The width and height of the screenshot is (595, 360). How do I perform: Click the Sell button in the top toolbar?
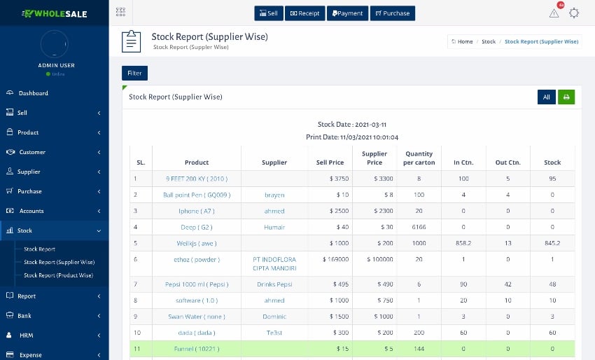268,13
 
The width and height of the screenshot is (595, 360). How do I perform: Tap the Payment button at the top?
346,13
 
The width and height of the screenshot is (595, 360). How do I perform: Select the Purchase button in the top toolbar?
392,13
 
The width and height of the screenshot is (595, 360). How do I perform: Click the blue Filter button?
134,73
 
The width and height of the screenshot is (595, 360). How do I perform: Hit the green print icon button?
566,97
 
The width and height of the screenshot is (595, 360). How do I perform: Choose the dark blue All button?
546,97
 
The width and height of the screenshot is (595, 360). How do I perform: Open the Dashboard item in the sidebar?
33,93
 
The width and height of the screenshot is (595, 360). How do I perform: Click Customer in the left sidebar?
31,152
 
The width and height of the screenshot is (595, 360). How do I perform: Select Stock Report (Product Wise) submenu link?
58,275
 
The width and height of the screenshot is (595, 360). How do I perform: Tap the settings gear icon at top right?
574,13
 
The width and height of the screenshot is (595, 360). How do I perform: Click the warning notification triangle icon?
554,13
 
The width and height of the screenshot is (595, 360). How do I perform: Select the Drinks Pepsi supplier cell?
274,284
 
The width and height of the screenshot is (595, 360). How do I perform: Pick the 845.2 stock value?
552,244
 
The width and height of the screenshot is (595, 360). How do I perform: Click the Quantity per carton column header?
419,158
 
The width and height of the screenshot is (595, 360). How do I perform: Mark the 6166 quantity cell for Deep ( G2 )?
419,227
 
